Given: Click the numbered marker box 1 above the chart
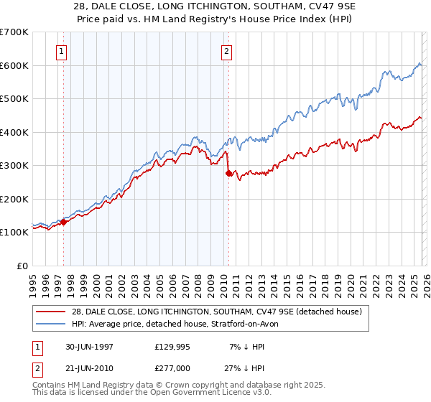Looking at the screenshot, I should point(62,51).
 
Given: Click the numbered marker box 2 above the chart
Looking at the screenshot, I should point(227,51).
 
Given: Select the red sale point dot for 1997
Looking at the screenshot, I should point(63,222).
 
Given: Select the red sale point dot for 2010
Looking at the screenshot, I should point(228,173).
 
